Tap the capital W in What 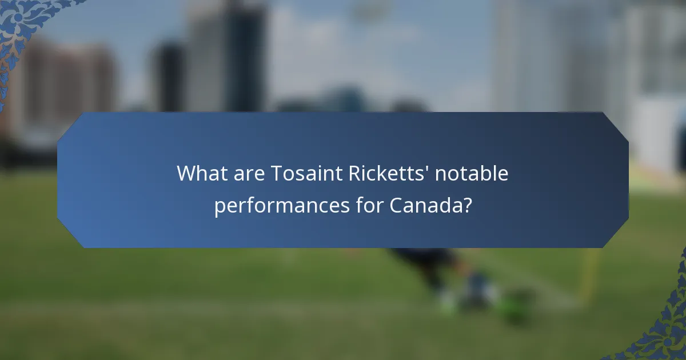click(186, 173)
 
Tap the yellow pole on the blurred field click(589, 274)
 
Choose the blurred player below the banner click(452, 274)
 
